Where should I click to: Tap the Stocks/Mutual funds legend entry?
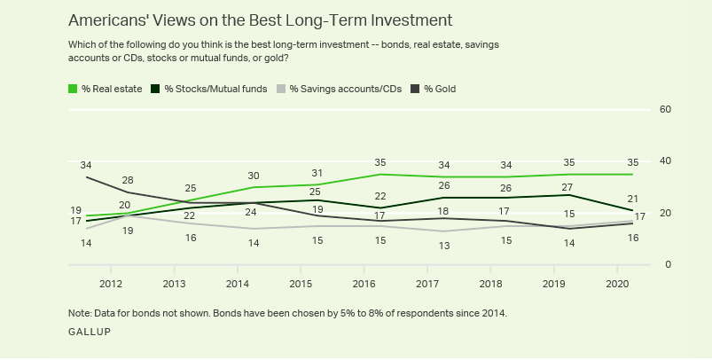point(210,89)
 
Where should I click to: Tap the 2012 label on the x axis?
point(111,284)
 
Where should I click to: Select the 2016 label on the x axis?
point(364,284)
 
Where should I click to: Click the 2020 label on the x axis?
point(618,284)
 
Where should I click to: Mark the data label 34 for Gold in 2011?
point(86,165)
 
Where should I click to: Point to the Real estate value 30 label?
point(254,175)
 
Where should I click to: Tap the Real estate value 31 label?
point(316,172)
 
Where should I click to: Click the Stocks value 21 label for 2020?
point(633,198)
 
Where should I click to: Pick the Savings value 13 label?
point(443,246)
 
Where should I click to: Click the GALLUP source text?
point(90,331)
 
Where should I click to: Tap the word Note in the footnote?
point(80,313)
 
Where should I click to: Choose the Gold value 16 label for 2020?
point(633,238)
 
